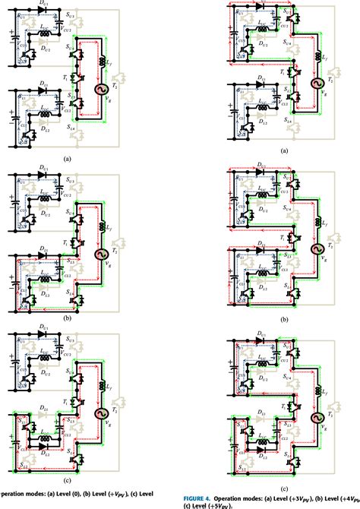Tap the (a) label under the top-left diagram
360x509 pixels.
click(68, 159)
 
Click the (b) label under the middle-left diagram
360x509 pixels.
click(68, 320)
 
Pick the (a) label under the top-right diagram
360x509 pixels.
click(285, 151)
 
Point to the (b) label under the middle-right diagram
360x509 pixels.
click(284, 321)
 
